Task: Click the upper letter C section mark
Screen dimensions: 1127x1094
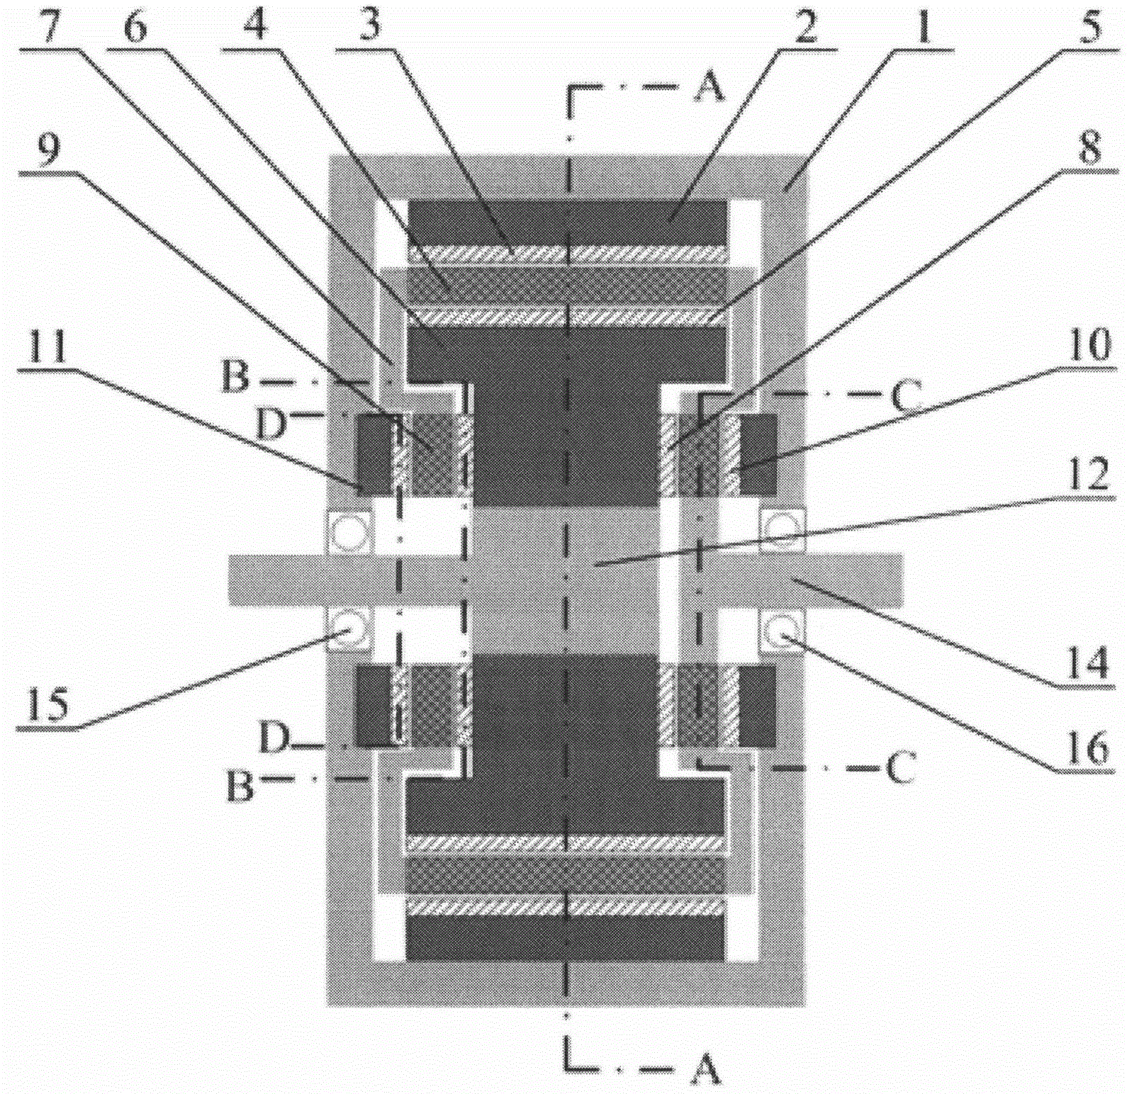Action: [x=904, y=397]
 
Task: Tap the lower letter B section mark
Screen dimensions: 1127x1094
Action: [x=240, y=786]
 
